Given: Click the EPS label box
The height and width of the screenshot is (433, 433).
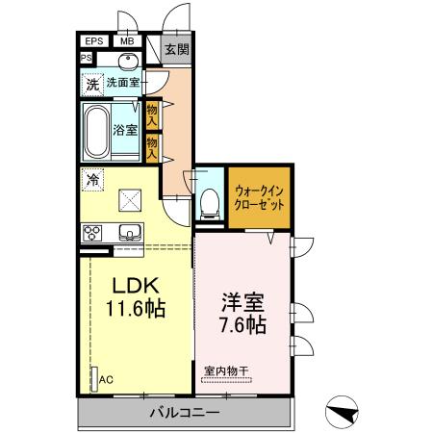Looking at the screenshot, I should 94,41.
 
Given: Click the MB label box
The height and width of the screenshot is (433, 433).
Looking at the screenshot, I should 126,41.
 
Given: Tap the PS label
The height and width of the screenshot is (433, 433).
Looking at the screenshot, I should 86,58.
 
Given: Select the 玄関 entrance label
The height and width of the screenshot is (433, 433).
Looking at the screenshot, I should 176,49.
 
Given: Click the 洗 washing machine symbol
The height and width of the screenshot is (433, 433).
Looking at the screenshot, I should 92,84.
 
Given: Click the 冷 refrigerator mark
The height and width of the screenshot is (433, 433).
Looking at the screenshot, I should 93,178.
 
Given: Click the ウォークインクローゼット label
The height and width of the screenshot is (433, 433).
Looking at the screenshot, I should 259,197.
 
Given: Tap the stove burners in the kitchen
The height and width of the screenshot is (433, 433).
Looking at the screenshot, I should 93,232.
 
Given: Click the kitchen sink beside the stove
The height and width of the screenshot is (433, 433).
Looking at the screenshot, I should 129,232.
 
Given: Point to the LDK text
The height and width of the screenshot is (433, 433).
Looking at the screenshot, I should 136,286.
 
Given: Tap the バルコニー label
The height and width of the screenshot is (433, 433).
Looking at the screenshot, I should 184,412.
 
